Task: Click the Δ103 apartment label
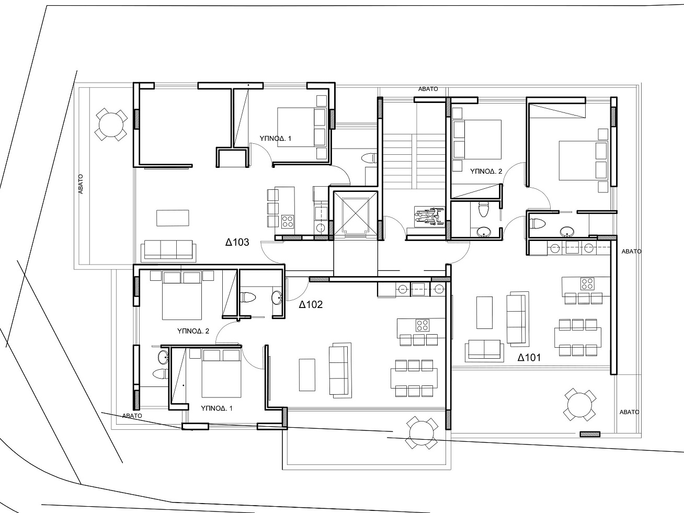point(237,242)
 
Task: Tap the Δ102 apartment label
point(311,304)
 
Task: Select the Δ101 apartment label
point(529,357)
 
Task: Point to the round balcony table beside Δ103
point(111,124)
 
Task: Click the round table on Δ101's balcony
point(579,405)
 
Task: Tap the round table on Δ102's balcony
point(421,432)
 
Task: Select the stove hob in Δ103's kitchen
point(288,221)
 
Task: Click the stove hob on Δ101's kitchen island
point(587,284)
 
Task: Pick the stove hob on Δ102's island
point(423,325)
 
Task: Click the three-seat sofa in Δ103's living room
point(168,250)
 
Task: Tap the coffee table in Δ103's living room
point(173,218)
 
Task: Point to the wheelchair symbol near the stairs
point(429,215)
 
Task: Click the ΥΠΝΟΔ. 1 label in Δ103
point(276,139)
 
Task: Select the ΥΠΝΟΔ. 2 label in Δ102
point(193,331)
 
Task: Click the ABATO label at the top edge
point(428,89)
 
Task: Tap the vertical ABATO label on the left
point(81,184)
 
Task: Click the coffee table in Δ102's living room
point(307,375)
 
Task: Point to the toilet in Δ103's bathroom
point(369,158)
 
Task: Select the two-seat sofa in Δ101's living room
point(484,350)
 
